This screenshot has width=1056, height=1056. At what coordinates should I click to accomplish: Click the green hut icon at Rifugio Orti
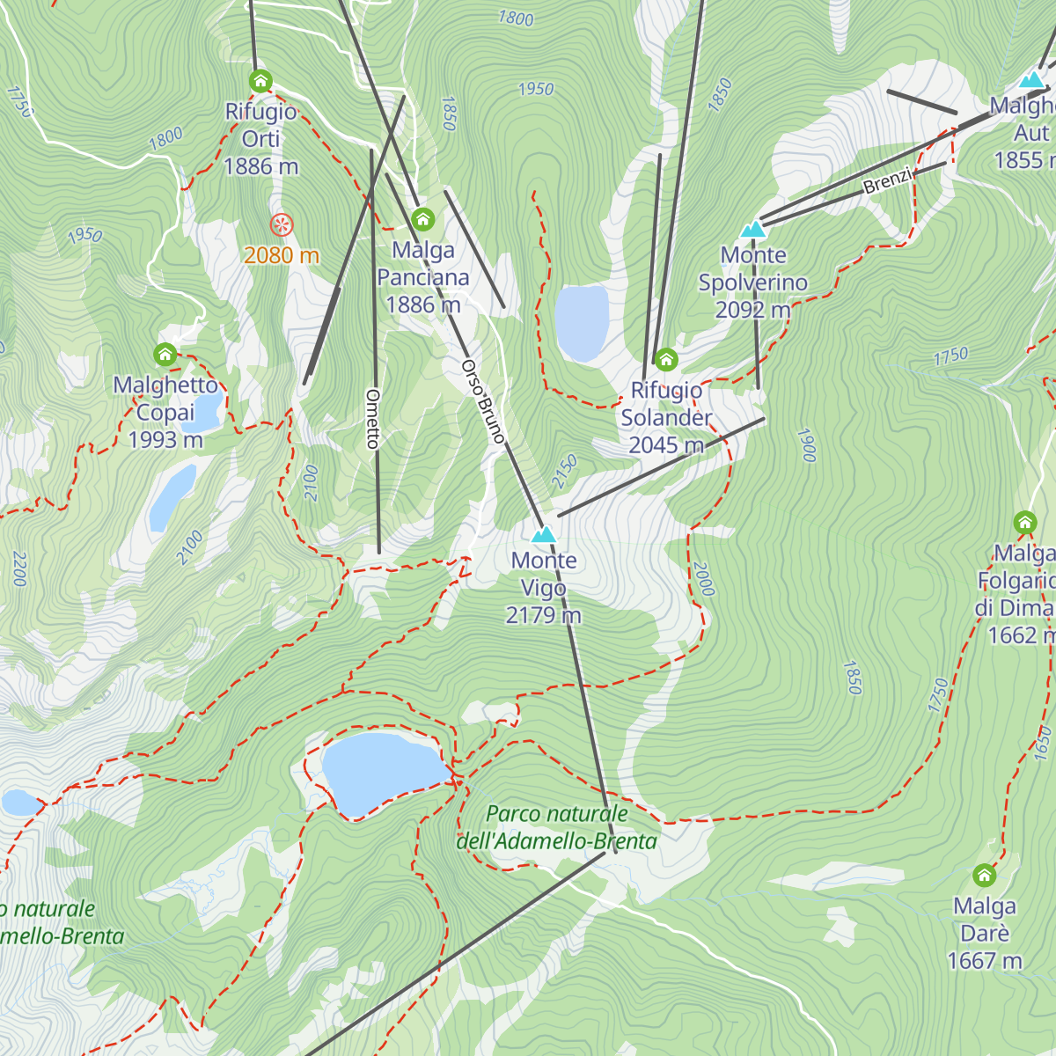[260, 81]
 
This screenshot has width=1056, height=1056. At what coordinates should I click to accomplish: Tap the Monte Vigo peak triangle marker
[544, 534]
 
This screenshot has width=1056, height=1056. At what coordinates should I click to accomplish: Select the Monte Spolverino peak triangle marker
[752, 230]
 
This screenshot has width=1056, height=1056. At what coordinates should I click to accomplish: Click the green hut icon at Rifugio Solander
[666, 359]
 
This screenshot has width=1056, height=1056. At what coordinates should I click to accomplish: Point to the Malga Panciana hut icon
[423, 219]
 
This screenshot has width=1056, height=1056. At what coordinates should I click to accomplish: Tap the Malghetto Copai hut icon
[165, 355]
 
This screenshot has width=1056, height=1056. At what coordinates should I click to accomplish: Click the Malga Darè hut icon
[984, 876]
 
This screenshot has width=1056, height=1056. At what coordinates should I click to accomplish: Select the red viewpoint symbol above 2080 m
[282, 225]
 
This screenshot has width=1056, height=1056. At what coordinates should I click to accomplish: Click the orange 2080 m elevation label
[282, 255]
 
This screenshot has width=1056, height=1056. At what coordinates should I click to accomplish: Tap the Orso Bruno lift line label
[483, 400]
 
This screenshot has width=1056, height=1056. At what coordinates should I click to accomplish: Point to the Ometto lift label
[373, 419]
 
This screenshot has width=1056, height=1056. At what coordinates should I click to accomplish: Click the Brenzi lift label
[888, 181]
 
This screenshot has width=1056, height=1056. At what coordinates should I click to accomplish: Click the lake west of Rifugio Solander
[582, 323]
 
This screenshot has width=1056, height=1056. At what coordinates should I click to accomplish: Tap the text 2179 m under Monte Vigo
[544, 615]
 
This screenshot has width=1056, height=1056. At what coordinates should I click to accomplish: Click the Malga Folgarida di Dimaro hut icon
[1024, 523]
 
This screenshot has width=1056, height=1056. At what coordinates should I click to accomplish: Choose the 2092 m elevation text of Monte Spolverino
[752, 310]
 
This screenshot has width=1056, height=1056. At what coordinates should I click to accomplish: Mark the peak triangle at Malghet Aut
[1031, 80]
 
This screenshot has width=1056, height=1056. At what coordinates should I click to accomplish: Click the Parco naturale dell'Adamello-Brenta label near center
[557, 827]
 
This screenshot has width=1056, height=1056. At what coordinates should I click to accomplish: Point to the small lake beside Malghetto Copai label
[204, 412]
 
